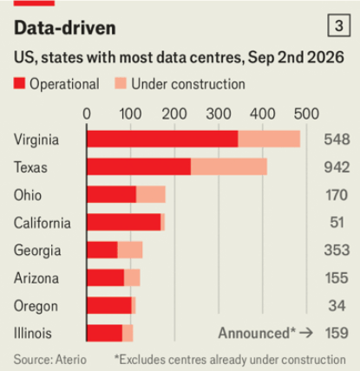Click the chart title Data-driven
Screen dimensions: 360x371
[65, 28]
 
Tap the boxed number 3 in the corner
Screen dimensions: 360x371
[339, 25]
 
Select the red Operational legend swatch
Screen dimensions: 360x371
[19, 83]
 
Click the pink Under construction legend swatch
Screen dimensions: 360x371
[121, 83]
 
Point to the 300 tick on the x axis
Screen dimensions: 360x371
[219, 114]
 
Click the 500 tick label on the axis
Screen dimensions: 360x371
[306, 114]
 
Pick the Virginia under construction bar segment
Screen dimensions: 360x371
[269, 139]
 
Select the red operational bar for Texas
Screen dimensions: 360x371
[139, 166]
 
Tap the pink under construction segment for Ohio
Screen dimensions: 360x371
[151, 194]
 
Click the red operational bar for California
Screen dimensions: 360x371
[124, 222]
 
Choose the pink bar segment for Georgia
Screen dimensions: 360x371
[130, 250]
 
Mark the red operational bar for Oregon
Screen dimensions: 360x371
[109, 305]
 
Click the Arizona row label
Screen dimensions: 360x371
[36, 278]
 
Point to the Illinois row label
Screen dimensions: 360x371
[33, 333]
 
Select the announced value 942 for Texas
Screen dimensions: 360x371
[337, 167]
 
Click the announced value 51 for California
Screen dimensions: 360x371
[337, 223]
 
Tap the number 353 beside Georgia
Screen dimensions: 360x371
[337, 251]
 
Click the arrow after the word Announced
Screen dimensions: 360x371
[306, 333]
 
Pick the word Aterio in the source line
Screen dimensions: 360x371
[71, 360]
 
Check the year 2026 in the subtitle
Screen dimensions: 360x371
[325, 57]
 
